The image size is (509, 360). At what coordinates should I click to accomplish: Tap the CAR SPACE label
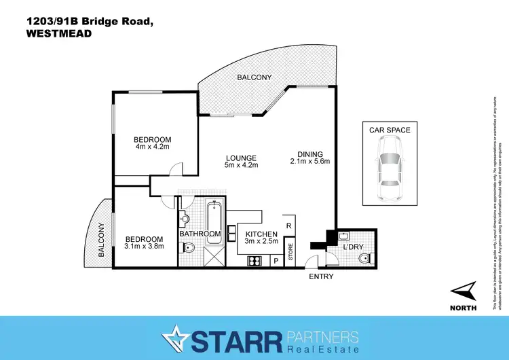tap(390, 130)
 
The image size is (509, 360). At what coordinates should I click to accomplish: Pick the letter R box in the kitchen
tap(289, 226)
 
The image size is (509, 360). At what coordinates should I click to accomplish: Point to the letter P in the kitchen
tap(276, 260)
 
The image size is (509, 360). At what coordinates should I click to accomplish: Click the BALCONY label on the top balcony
tap(254, 77)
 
